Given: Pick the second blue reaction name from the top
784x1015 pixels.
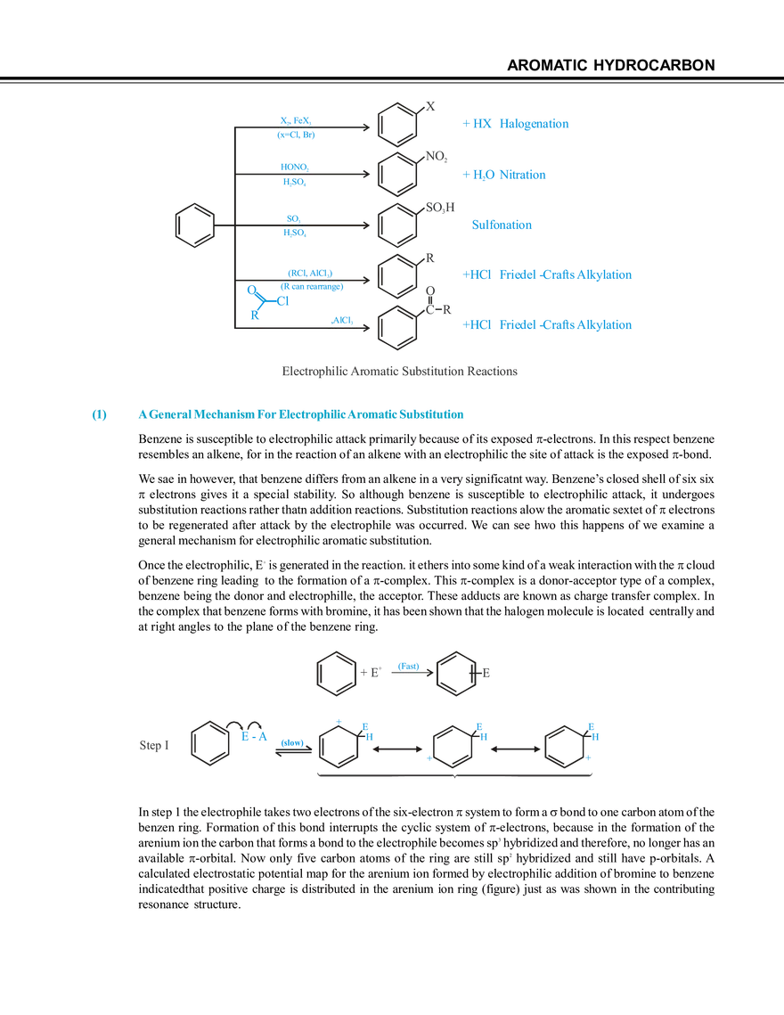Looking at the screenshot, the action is coord(505,176).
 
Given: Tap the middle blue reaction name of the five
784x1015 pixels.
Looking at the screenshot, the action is coord(502,225).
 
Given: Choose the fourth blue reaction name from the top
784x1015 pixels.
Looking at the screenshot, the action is coord(547,275).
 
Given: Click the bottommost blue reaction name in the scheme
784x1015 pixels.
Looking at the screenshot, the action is coord(547,326).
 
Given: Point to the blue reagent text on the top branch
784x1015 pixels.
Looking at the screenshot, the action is coord(295,127).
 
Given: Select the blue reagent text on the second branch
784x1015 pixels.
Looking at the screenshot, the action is coord(294,174).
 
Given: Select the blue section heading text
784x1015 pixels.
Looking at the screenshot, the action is coord(304,414).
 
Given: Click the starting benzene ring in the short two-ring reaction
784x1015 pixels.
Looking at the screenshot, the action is coord(336,673).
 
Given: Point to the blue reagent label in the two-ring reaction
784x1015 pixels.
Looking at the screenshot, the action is coord(406,664).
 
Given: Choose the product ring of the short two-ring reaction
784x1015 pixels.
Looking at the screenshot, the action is coord(454,673).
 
